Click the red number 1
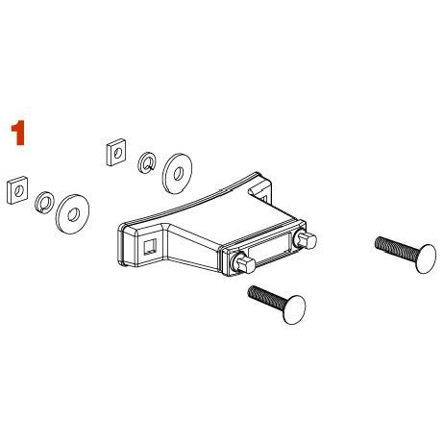pyautogui.click(x=18, y=133)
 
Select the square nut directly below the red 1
pyautogui.click(x=17, y=190)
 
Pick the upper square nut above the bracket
pyautogui.click(x=115, y=152)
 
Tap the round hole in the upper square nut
pyautogui.click(x=118, y=153)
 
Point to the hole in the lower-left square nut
pyautogui.click(x=19, y=191)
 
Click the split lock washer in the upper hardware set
pyautogui.click(x=147, y=162)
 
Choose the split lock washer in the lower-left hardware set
pyautogui.click(x=44, y=203)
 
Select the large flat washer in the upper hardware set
pyautogui.click(x=177, y=174)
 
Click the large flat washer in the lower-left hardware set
pyautogui.click(x=72, y=213)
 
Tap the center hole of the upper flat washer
pyautogui.click(x=178, y=174)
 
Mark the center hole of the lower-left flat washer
pyautogui.click(x=74, y=214)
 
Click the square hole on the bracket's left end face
pyautogui.click(x=150, y=247)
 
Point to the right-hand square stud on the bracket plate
pyautogui.click(x=306, y=239)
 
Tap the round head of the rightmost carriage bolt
pyautogui.click(x=427, y=258)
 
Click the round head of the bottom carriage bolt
pyautogui.click(x=294, y=309)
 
